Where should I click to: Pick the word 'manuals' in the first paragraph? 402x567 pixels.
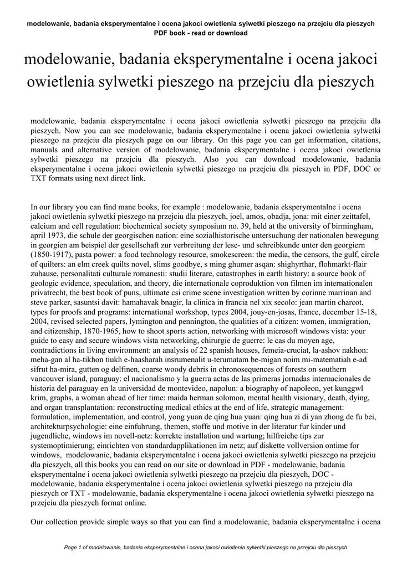(x=45, y=150)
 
